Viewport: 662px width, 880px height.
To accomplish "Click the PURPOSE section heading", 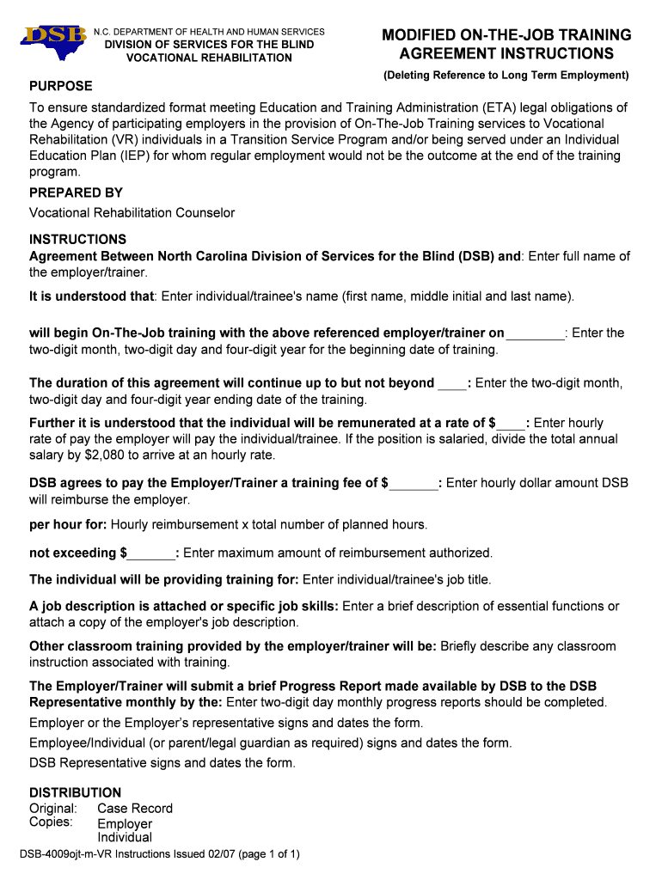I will point(61,87).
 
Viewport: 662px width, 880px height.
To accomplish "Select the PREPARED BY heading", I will point(76,192).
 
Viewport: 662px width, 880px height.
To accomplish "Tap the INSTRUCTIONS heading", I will point(77,239).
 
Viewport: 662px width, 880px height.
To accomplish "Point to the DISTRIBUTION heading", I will point(76,792).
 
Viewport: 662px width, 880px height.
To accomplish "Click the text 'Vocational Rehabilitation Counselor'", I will point(132,212).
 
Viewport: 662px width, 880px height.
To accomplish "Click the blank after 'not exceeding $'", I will point(152,553).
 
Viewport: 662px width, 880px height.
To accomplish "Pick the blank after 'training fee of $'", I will point(413,483).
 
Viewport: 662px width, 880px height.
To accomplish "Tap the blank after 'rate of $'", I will point(511,423).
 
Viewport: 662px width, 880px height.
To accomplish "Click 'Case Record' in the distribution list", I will point(135,808).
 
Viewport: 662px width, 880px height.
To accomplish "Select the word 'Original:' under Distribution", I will point(53,808).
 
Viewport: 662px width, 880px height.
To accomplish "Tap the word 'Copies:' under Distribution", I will point(51,822).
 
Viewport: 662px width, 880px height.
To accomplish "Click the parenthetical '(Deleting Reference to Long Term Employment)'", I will point(506,76).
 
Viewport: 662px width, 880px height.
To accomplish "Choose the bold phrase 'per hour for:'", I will point(68,524).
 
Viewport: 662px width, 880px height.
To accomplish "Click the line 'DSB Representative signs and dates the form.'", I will point(162,762).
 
